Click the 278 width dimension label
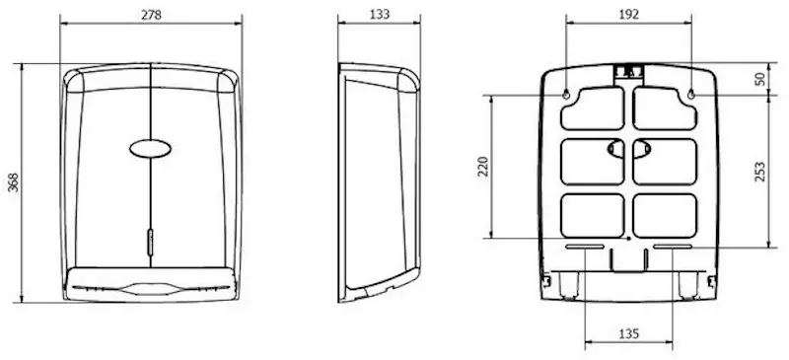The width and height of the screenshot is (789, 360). click(151, 15)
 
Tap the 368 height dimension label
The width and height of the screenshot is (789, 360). click(14, 182)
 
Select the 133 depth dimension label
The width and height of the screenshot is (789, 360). click(380, 14)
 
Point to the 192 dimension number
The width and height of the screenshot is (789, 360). click(629, 14)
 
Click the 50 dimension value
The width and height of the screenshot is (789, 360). click(759, 79)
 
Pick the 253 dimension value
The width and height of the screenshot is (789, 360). click(759, 172)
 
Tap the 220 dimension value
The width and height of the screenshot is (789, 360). click(483, 167)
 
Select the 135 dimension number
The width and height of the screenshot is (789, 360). click(629, 333)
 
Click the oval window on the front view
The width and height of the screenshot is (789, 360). click(151, 149)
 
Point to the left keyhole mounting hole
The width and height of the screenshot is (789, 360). click(566, 94)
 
